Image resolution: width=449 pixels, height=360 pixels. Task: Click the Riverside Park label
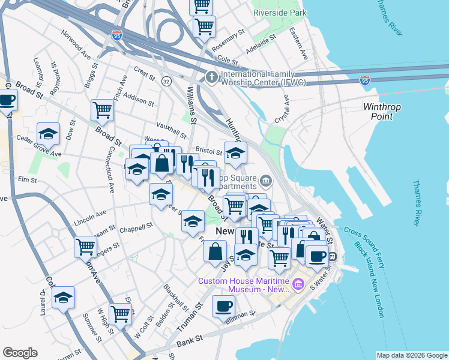[280, 13]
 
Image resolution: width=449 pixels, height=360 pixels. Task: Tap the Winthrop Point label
[382, 112]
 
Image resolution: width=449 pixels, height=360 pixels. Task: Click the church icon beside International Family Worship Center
[211, 77]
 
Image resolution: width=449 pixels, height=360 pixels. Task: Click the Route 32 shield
[166, 80]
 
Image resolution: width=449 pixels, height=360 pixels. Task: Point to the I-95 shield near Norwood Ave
[117, 35]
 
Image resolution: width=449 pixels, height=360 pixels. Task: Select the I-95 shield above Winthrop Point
[364, 79]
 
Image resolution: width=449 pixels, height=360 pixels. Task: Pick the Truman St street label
[190, 318]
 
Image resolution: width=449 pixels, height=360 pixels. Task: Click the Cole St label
[228, 60]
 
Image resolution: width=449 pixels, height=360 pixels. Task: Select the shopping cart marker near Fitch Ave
[103, 110]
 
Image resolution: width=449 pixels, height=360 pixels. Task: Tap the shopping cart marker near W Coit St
[121, 312]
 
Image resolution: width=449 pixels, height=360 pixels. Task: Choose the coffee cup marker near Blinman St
[223, 306]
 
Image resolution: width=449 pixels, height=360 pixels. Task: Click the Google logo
[20, 353]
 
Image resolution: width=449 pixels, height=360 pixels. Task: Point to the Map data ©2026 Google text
[412, 355]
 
